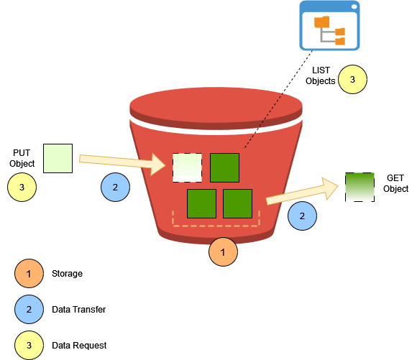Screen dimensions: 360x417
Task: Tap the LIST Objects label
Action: pos(321,76)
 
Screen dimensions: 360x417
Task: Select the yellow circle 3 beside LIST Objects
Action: pos(352,80)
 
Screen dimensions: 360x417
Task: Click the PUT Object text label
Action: pos(22,158)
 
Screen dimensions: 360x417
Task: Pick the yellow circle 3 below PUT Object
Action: pos(22,187)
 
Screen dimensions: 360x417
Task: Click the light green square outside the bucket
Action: pos(58,158)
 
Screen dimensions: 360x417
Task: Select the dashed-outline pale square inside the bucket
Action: pos(187,167)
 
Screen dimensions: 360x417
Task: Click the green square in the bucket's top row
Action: pos(224,167)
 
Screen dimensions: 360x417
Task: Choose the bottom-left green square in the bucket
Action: pos(201,203)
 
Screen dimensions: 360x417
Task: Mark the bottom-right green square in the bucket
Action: pos(237,203)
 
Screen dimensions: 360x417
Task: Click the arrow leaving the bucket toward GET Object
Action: pos(302,192)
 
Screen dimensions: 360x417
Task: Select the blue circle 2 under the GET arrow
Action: pos(302,215)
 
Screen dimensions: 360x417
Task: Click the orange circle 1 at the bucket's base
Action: pos(223,252)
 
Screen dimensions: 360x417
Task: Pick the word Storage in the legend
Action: pos(67,274)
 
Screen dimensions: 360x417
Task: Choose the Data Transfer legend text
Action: pos(79,310)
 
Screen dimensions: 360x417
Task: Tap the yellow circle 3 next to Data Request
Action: pos(29,345)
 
